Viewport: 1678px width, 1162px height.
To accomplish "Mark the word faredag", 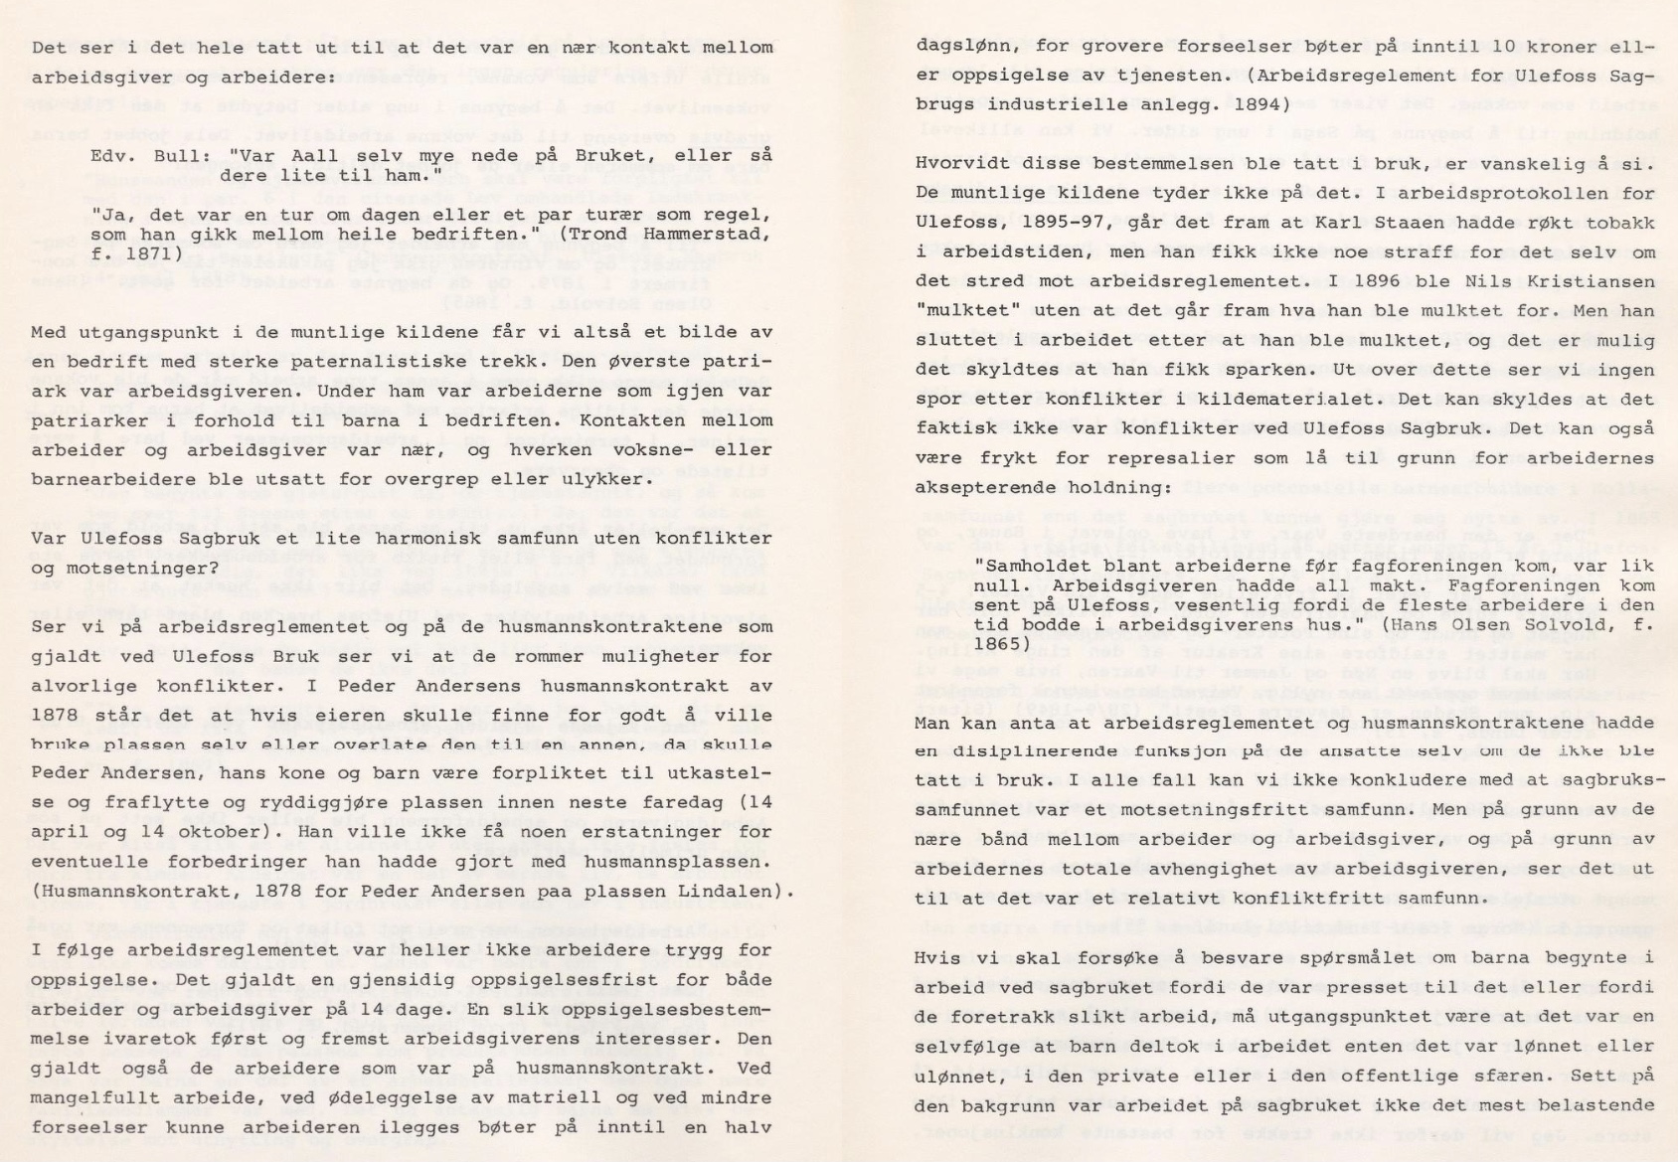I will click(x=649, y=802).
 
